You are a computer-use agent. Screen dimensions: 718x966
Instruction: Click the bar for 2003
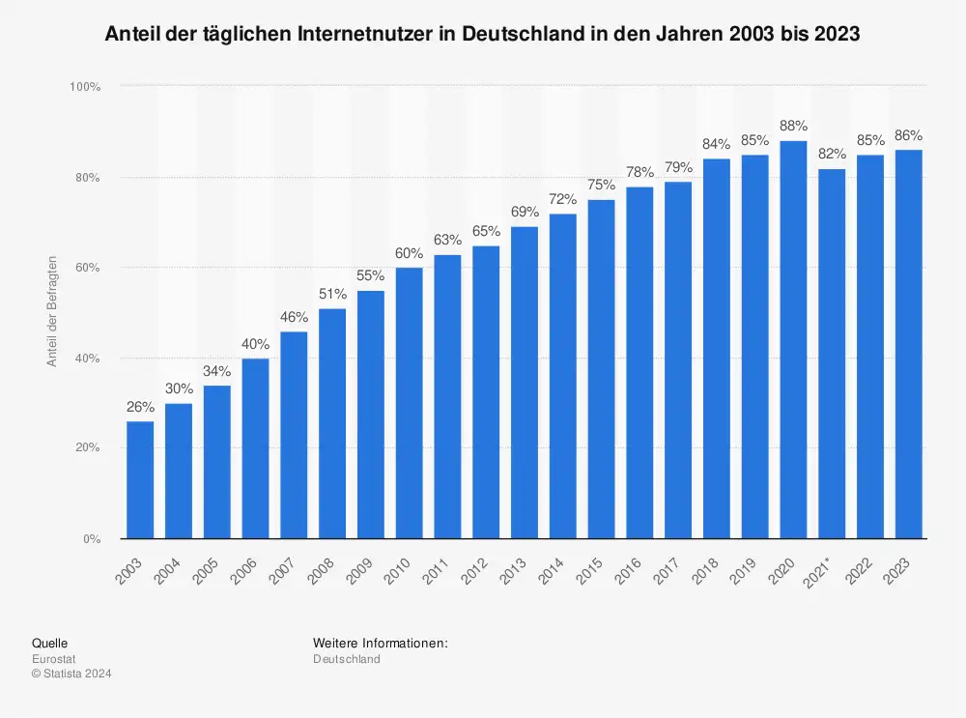coord(140,479)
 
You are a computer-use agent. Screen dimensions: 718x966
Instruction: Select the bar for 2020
coord(793,339)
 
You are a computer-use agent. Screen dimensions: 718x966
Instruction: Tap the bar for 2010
coord(409,403)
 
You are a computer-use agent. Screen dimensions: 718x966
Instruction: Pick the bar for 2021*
coord(832,354)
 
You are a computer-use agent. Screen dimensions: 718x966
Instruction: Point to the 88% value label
coord(793,126)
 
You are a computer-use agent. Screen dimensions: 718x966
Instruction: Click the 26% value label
coord(140,407)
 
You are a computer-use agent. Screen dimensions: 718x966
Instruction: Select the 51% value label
coord(332,294)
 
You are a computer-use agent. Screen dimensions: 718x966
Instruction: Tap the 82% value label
coord(832,154)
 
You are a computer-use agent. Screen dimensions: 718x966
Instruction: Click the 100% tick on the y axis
coord(85,87)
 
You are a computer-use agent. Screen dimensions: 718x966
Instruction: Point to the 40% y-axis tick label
coord(88,359)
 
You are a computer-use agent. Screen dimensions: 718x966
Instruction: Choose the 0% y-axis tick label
coord(92,539)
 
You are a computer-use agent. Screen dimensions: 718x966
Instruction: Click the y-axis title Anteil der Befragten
coord(53,311)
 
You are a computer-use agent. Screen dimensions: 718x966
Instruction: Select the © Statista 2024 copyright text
coord(71,675)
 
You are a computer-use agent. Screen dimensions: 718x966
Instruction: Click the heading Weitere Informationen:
coord(381,643)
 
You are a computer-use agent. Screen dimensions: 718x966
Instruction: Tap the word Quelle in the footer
coord(50,643)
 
